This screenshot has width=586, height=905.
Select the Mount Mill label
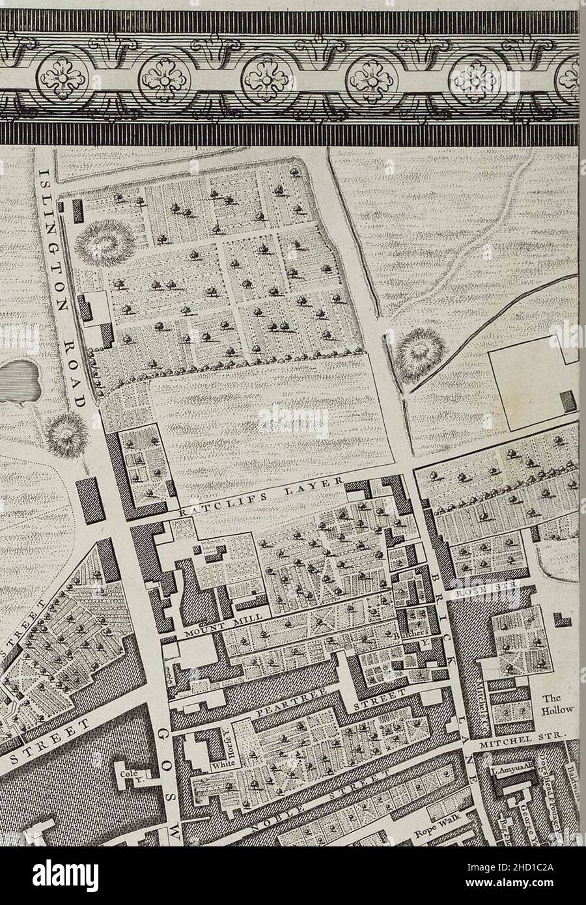(224, 624)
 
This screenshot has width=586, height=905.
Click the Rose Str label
(497, 587)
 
